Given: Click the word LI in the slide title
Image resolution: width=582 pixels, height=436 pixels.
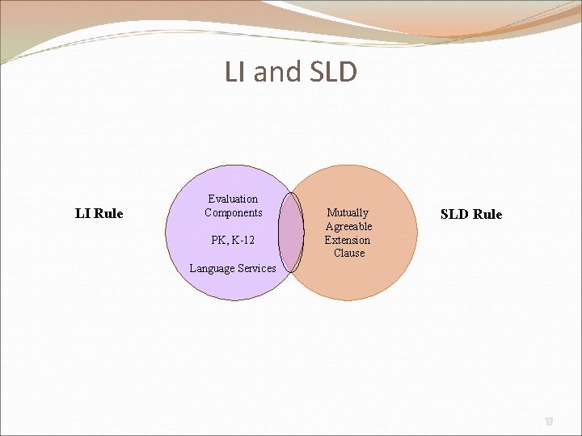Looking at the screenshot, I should click(235, 73).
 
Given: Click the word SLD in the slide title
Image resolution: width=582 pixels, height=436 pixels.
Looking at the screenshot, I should click(331, 73).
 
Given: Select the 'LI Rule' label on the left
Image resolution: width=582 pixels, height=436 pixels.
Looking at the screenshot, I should click(99, 214).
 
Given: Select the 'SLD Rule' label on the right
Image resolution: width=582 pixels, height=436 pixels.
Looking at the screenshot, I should click(470, 214).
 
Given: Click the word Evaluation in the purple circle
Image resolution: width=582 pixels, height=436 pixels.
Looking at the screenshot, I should click(233, 199).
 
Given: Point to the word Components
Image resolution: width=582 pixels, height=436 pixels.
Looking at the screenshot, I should click(233, 212).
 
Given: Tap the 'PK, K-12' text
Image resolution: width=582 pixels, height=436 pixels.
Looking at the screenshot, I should click(233, 240).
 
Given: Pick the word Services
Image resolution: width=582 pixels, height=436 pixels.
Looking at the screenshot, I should click(256, 268).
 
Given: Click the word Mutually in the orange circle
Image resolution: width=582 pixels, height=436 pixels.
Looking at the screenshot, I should click(348, 212).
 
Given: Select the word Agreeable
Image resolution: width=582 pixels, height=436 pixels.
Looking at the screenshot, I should click(348, 226).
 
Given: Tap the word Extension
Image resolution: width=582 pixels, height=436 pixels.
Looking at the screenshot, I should click(348, 240).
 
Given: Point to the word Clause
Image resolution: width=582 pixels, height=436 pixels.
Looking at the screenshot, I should click(349, 253).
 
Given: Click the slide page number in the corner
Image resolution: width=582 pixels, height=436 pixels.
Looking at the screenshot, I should click(549, 421).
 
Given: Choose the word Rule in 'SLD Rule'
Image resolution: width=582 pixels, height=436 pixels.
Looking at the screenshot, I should click(487, 214).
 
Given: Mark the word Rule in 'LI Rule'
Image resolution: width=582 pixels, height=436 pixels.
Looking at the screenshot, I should click(108, 214).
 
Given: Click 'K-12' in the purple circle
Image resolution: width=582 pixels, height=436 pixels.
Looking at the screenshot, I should click(242, 240).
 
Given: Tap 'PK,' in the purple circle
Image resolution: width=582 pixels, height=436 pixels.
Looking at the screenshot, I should click(219, 240).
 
